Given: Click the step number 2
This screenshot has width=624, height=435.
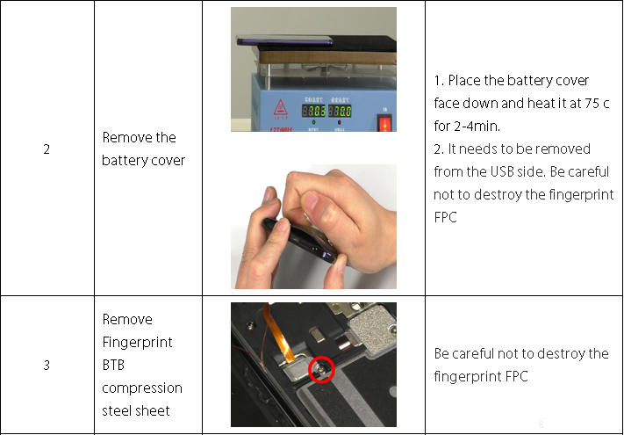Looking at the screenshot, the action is (47, 149).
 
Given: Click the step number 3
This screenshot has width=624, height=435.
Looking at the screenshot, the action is (47, 365).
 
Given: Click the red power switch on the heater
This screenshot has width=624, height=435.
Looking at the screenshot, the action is (384, 123).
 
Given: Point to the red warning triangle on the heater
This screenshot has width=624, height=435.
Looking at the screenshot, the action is (280, 107).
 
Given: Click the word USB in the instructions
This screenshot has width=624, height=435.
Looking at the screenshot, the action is (502, 171).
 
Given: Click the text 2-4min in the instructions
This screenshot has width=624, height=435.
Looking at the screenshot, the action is (477, 127).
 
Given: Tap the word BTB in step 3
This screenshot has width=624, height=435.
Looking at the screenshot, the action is (113, 365).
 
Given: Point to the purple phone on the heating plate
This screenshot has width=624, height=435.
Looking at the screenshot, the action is (284, 40).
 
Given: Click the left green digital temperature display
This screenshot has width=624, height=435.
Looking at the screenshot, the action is (313, 111).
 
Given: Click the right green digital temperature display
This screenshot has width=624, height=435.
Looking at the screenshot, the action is (340, 111).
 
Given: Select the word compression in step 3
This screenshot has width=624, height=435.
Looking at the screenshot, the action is (142, 388).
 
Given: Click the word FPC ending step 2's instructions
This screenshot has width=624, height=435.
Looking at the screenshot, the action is (445, 218).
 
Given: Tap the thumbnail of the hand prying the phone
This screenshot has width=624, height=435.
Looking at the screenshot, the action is (313, 227).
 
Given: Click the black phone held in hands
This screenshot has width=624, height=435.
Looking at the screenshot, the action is (299, 240).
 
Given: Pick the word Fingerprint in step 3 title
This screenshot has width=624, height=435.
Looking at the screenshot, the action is (137, 343).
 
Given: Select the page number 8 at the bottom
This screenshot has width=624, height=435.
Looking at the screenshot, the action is (541, 424).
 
